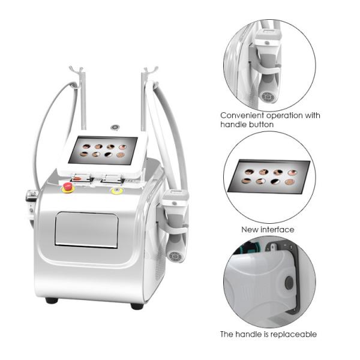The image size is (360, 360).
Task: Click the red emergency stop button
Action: (68, 187)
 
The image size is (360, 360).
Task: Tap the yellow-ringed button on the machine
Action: (117, 190)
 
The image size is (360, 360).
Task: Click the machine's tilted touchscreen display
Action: (103, 151)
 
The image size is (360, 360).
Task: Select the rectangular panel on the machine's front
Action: (86, 230)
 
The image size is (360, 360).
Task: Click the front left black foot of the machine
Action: (52, 301)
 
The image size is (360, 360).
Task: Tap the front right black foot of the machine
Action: (137, 306)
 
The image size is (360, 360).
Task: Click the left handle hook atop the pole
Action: (76, 70)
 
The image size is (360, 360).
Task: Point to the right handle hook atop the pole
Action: (151, 70)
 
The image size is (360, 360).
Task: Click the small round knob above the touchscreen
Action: (115, 127)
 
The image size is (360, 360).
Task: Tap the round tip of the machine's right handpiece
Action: (175, 256)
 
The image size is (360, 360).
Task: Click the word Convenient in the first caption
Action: (242, 115)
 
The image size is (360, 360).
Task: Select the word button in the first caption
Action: (261, 124)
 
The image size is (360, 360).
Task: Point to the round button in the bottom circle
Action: (289, 283)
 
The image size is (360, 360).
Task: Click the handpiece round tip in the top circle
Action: (268, 97)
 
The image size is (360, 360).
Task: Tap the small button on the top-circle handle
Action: (267, 43)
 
